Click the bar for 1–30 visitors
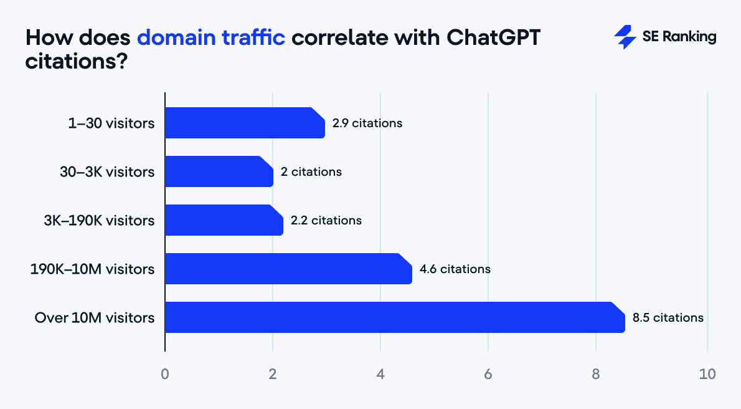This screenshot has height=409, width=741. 245,123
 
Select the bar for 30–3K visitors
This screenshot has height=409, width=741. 219,171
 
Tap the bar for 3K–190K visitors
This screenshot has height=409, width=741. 224,220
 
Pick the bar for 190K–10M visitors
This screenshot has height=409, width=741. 288,269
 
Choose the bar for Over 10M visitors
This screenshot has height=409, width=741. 394,317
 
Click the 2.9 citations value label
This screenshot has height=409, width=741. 367,123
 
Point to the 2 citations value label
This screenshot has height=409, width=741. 311,171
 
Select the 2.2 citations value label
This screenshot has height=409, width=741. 326,220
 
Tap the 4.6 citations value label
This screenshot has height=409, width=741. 455,269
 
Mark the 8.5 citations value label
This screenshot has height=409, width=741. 668,317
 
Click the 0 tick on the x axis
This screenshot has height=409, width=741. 165,374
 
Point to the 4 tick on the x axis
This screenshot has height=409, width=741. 380,374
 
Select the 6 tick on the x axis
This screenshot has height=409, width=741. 488,374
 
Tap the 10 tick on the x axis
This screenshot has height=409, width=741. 707,374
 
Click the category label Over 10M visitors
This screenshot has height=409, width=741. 95,317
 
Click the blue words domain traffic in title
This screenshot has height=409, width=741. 210,37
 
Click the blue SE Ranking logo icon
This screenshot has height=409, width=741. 625,37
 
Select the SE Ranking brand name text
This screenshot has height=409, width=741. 679,37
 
